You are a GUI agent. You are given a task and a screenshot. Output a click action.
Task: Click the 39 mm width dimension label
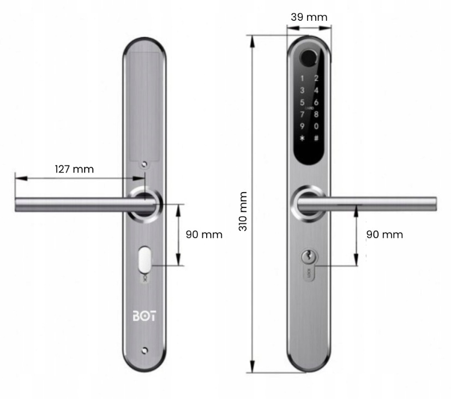click(x=309, y=17)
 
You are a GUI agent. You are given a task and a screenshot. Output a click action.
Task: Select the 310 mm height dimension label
click(x=243, y=211)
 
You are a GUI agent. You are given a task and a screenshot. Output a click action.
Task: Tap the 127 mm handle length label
click(x=74, y=169)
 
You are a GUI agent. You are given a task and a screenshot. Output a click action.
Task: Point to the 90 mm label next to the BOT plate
click(x=204, y=235)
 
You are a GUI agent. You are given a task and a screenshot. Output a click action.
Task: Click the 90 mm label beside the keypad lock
click(x=384, y=235)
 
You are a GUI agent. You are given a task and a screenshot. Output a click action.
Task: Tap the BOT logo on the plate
click(x=144, y=316)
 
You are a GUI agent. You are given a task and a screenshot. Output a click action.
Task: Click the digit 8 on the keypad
click(x=316, y=114)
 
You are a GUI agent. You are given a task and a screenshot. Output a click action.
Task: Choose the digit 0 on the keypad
click(x=316, y=126)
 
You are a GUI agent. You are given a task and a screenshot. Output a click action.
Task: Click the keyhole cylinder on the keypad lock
click(x=308, y=255)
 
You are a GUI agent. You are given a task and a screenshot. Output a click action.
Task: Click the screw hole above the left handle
click(x=145, y=164)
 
